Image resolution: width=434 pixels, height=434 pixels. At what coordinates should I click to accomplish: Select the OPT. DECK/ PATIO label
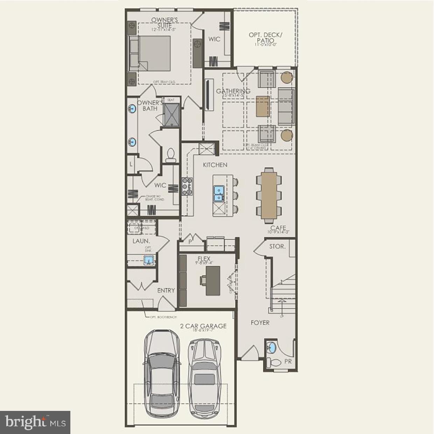[x=265, y=37]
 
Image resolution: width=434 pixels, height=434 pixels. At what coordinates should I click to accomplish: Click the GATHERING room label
[x=233, y=91]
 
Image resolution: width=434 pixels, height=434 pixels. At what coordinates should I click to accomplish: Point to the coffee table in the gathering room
[x=263, y=106]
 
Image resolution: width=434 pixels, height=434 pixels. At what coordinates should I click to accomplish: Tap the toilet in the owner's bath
[x=171, y=155]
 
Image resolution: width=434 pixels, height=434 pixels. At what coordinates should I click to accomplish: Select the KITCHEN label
[x=215, y=164]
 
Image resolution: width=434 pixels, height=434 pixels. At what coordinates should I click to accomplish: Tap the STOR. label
[x=277, y=246]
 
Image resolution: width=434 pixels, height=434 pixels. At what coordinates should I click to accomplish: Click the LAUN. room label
[x=141, y=241]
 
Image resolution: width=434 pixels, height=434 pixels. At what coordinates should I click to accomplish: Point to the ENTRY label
[x=166, y=290]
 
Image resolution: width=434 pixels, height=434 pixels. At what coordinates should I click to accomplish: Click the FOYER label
[x=260, y=322]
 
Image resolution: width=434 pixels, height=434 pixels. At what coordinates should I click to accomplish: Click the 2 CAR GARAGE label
[x=203, y=326]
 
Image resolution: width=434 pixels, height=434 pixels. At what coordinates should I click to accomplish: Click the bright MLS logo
[x=35, y=422]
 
